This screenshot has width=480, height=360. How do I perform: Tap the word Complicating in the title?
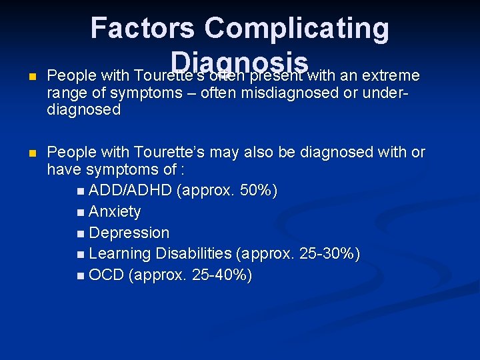click(297, 29)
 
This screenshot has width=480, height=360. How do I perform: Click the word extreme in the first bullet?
click(389, 75)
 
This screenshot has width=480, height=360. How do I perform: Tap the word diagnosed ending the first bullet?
click(84, 110)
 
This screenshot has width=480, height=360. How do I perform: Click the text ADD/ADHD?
click(130, 191)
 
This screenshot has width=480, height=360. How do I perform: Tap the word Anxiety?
click(115, 212)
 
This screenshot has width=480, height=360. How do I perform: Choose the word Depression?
click(129, 233)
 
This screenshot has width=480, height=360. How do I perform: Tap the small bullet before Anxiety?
click(81, 213)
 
